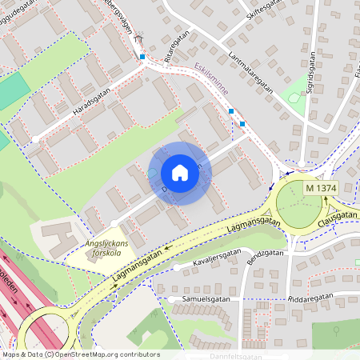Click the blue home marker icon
180,173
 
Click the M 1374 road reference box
321,187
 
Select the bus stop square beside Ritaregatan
142,57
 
